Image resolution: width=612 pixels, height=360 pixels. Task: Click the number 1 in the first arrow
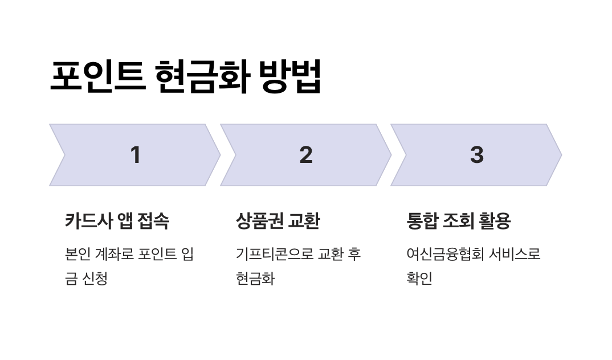pos(135,155)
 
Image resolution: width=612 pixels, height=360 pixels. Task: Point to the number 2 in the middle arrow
pos(306,155)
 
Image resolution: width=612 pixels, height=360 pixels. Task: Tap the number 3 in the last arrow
pos(476,155)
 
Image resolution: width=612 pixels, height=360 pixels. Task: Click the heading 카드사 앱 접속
pos(117,221)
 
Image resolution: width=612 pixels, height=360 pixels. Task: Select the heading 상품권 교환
pos(278,221)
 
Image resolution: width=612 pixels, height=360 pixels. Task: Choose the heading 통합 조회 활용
pos(458,221)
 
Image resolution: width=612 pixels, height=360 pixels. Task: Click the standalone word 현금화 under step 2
pos(255,279)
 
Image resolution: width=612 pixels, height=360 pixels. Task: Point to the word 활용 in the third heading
pos(495,221)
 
